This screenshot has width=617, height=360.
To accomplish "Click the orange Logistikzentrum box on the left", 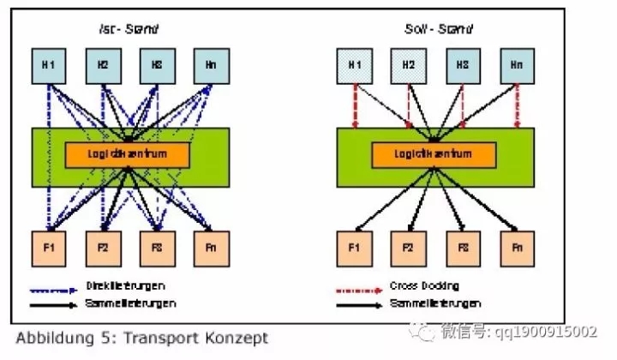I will coord(127,153).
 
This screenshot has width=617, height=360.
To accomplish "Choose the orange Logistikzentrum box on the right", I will coord(434,153).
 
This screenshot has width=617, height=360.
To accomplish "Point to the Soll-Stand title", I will coord(437,29).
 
